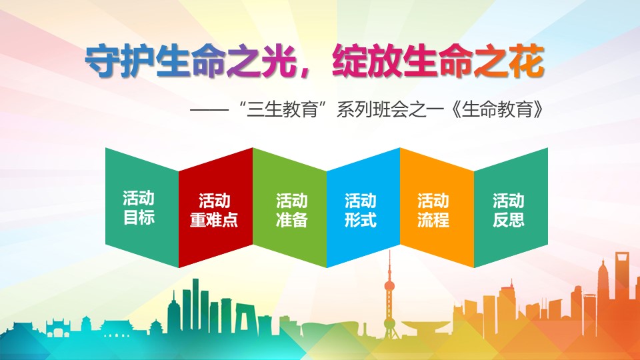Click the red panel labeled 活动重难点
pos(215,208)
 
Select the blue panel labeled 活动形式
pos(363,208)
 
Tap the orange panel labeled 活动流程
pos(437,208)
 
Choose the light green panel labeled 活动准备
pos(290,208)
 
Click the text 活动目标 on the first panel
pos(139,208)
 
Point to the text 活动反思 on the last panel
pos(509,210)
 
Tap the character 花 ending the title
pos(527,62)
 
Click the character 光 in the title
pos(279,62)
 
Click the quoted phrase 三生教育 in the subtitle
pos(283,110)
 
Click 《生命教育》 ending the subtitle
pos(499,110)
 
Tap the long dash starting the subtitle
pos(209,110)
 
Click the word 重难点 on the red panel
pos(214,220)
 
